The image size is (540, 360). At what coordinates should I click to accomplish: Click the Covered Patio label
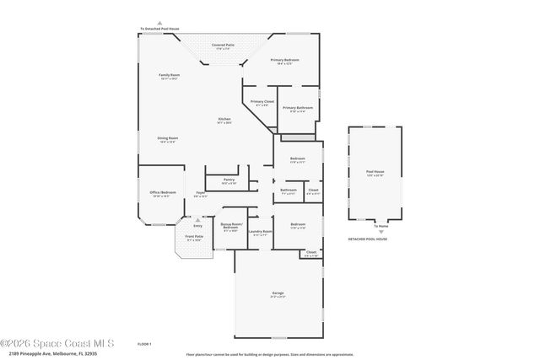pyautogui.click(x=223, y=45)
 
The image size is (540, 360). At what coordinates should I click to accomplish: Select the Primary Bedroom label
pyautogui.click(x=284, y=61)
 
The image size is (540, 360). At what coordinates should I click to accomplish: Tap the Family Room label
pyautogui.click(x=170, y=76)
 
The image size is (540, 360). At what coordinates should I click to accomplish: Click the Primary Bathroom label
pyautogui.click(x=298, y=108)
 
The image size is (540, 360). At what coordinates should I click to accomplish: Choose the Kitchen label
pyautogui.click(x=224, y=119)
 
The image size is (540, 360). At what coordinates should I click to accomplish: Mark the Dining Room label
pyautogui.click(x=167, y=138)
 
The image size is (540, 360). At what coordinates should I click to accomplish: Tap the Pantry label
pyautogui.click(x=229, y=180)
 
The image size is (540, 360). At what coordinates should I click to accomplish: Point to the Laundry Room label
pyautogui.click(x=262, y=231)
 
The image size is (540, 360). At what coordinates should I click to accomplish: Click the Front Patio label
pyautogui.click(x=194, y=237)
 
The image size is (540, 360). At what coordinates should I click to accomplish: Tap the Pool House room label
pyautogui.click(x=375, y=172)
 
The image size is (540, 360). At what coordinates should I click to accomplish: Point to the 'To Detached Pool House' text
pyautogui.click(x=159, y=30)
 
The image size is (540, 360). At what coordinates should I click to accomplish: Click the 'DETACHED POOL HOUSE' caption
pyautogui.click(x=368, y=239)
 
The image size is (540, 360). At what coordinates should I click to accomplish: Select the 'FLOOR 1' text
pyautogui.click(x=144, y=344)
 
